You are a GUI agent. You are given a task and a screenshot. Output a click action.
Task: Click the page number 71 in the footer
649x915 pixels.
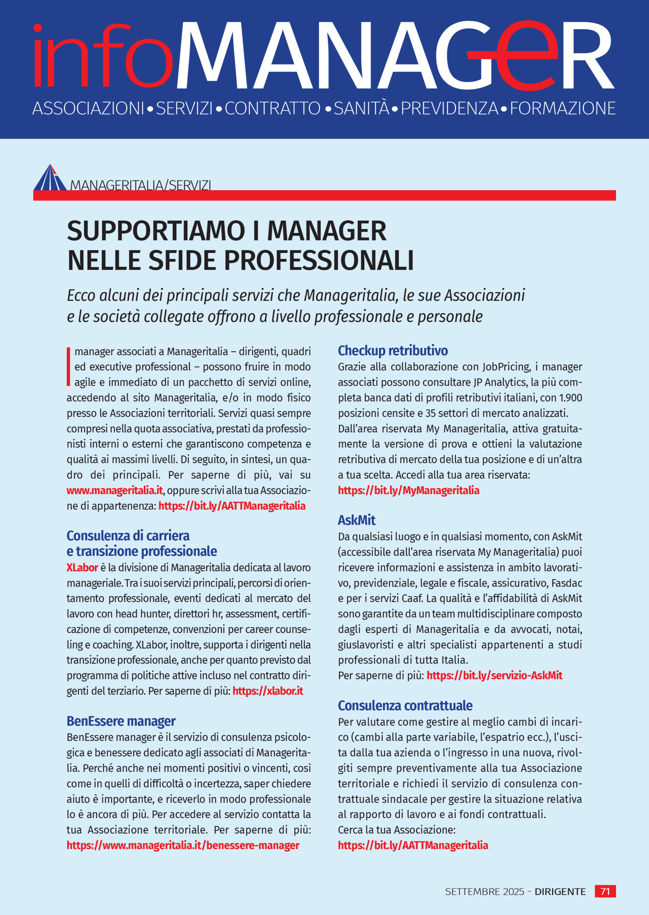click(605, 891)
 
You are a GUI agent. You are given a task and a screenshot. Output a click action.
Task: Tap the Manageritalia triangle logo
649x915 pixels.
click(50, 178)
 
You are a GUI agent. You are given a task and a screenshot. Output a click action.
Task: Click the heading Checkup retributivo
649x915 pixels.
click(392, 350)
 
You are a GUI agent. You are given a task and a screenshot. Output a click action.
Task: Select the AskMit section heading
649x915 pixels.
click(357, 520)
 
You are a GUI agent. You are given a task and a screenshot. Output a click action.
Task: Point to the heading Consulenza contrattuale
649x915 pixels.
click(405, 705)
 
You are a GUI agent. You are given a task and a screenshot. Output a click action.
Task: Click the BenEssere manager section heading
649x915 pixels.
click(121, 721)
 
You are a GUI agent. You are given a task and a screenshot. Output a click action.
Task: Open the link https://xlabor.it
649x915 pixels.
click(267, 691)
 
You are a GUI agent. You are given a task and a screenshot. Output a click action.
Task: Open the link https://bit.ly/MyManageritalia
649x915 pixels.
click(408, 490)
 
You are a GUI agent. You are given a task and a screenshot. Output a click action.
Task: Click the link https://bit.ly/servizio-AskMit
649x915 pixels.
click(494, 676)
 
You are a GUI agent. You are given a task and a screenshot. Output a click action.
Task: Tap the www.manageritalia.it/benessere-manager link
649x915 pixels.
click(183, 846)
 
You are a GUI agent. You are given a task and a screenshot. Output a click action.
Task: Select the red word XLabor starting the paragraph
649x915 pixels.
click(82, 568)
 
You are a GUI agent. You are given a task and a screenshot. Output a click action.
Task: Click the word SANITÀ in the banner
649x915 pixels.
click(361, 108)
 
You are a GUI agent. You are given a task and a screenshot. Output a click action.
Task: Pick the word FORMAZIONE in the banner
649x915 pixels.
click(562, 108)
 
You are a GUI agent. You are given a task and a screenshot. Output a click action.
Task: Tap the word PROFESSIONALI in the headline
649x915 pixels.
click(319, 261)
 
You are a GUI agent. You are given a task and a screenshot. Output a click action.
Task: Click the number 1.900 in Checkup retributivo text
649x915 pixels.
click(570, 398)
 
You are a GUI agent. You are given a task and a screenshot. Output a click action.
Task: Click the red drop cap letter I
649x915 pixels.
click(68, 367)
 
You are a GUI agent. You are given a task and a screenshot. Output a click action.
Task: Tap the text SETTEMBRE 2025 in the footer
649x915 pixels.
click(485, 891)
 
